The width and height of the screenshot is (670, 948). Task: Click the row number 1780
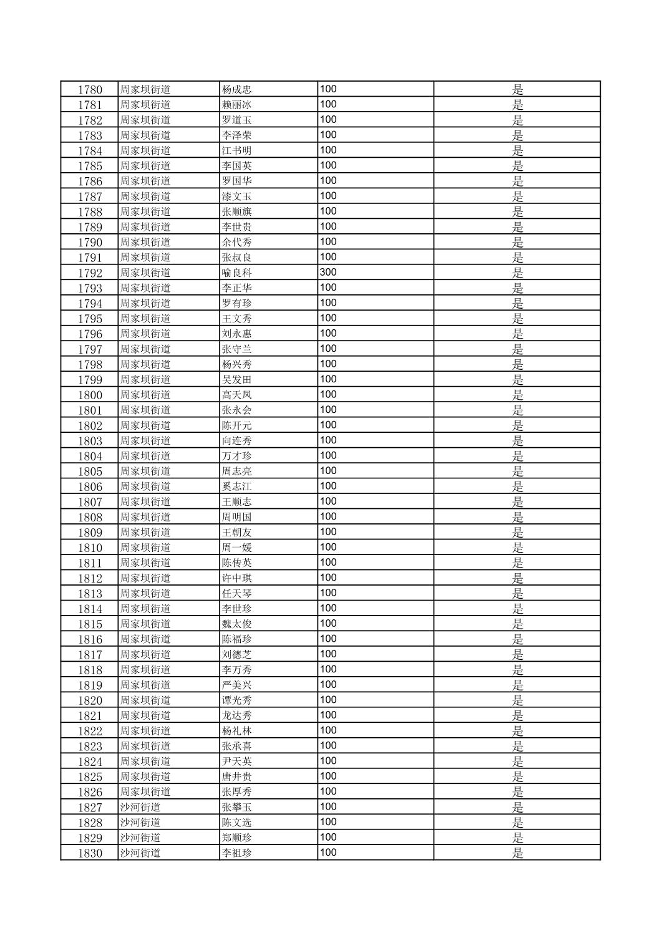[x=90, y=90]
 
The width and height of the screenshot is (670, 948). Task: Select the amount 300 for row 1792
[x=328, y=273]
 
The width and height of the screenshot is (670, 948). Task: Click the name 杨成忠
[x=237, y=90]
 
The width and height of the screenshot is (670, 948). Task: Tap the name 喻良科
[x=237, y=273]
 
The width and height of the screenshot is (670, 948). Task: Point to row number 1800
[x=90, y=395]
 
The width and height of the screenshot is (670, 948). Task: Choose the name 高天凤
[x=237, y=395]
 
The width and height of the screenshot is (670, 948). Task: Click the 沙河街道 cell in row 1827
[x=140, y=808]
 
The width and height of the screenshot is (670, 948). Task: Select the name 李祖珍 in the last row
[x=237, y=853]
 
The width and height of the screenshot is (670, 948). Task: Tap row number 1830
[x=90, y=853]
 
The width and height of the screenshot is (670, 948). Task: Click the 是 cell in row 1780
[x=517, y=90]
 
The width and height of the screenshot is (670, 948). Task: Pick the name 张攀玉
[x=237, y=808]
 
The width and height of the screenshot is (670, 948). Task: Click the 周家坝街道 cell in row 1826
[x=145, y=792]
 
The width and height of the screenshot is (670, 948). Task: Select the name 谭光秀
[x=237, y=700]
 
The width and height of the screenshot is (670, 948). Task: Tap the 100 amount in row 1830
[x=328, y=853]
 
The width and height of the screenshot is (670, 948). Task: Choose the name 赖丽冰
[x=237, y=105]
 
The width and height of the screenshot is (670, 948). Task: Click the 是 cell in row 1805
[x=517, y=472]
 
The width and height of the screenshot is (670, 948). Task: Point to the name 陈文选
[x=237, y=823]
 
